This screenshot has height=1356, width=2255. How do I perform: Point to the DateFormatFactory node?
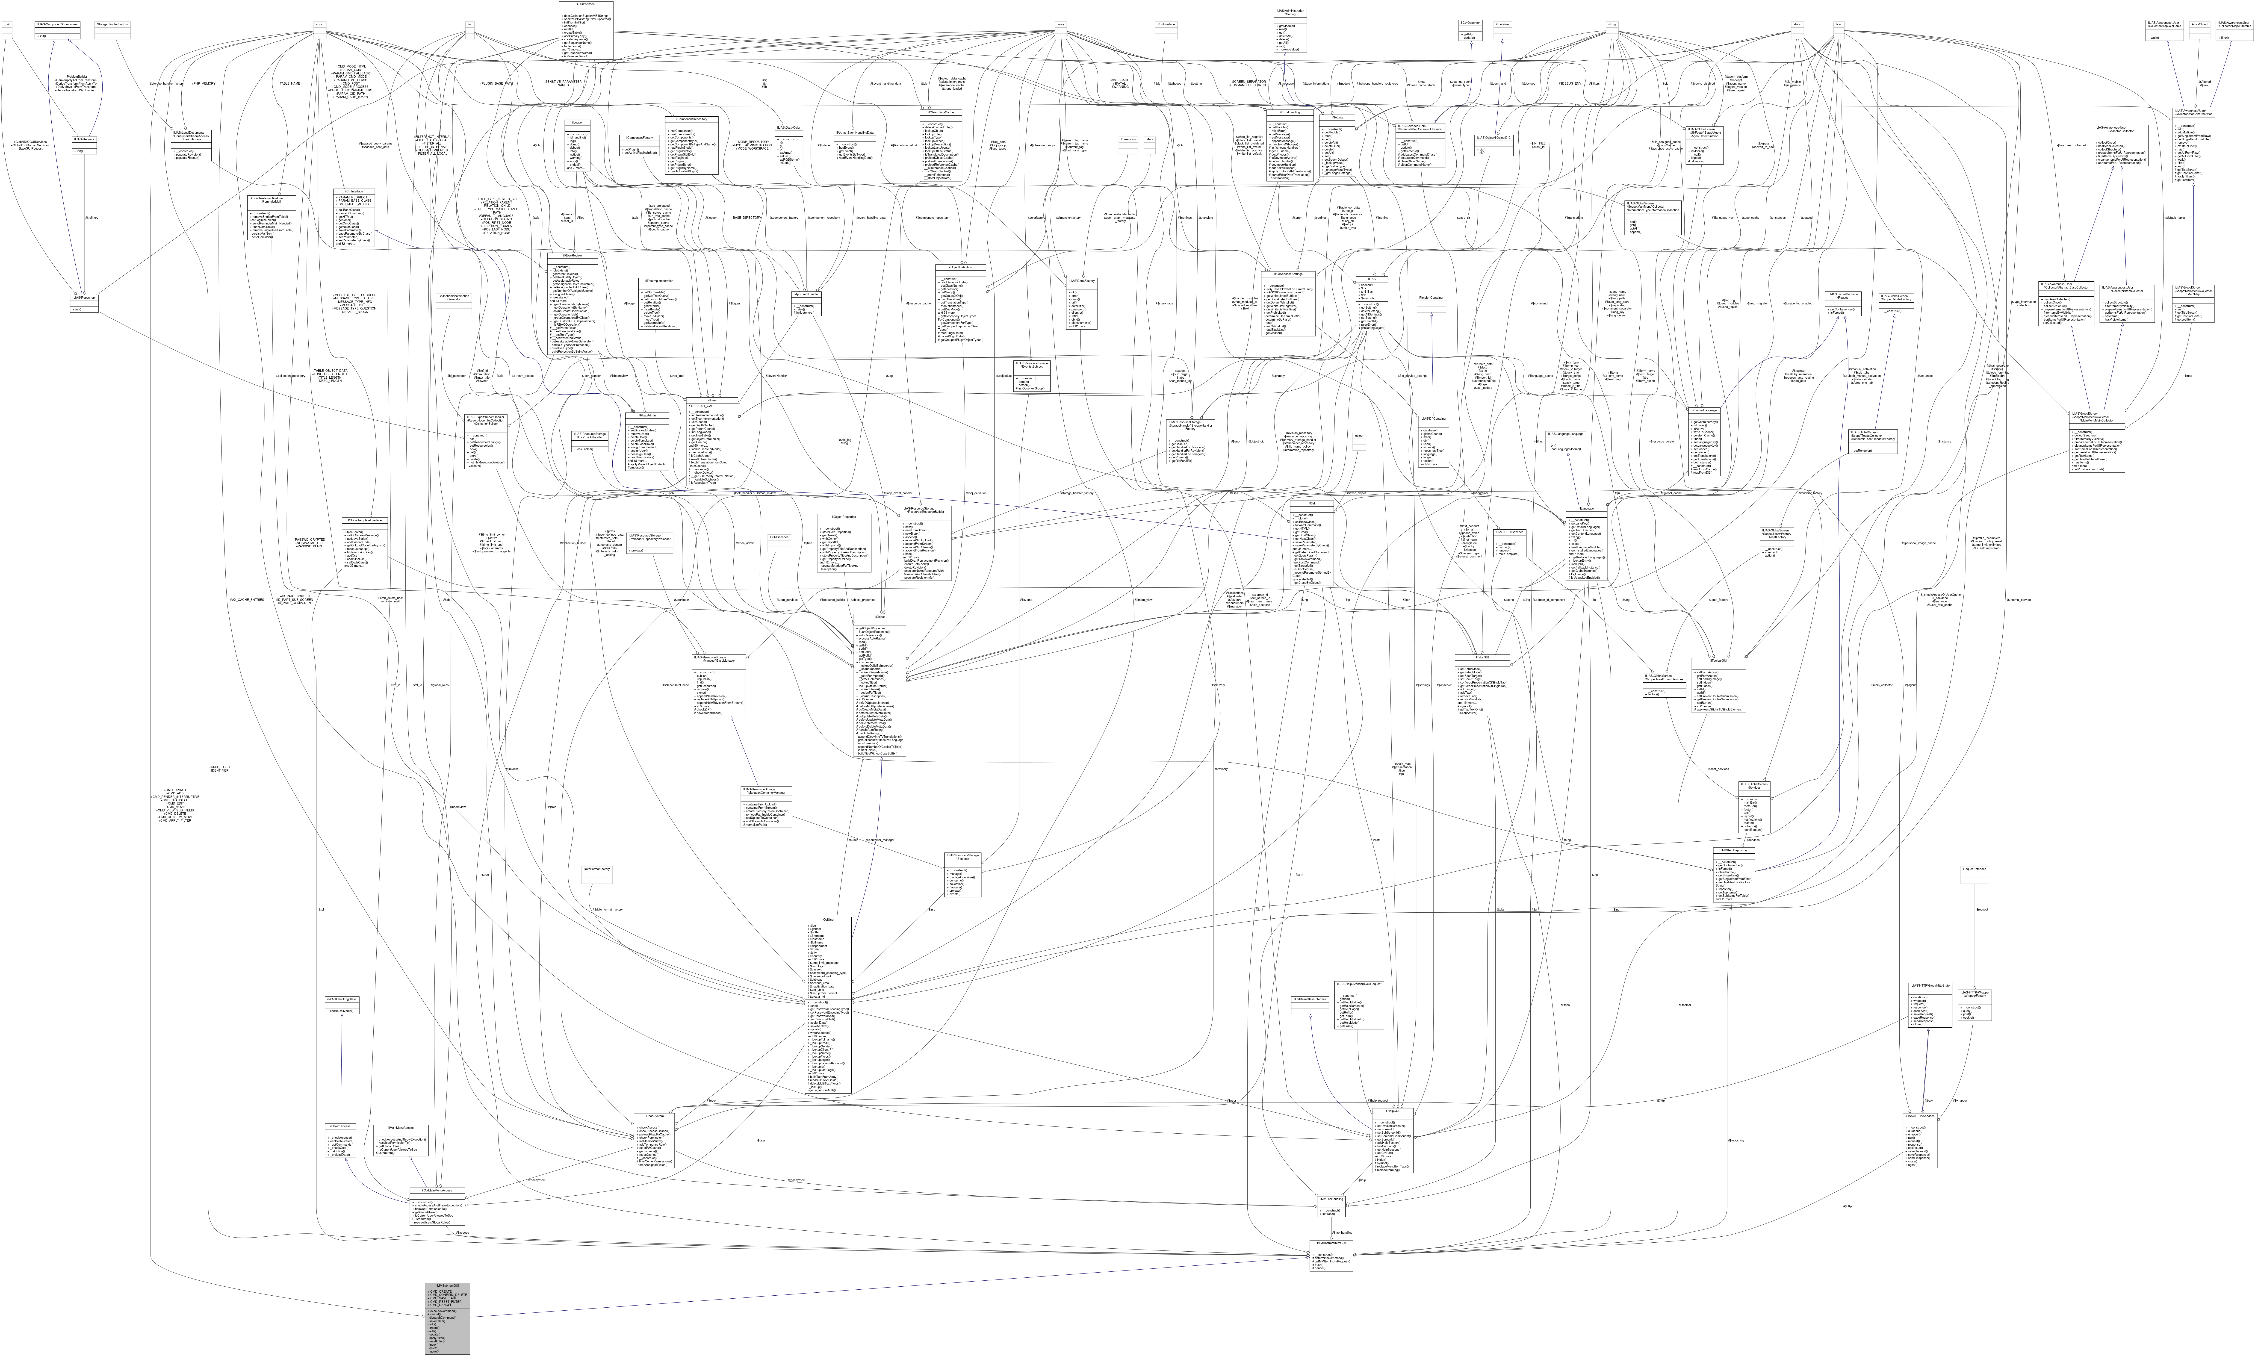click(597, 869)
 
